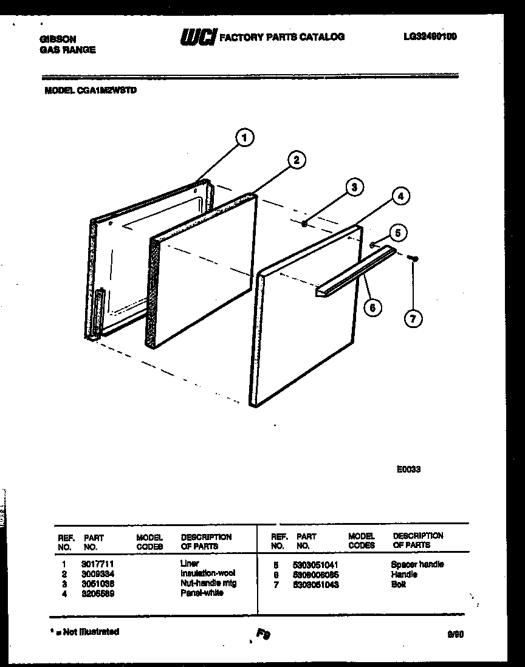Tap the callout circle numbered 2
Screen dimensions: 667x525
coord(296,160)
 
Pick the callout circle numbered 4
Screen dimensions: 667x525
coord(399,196)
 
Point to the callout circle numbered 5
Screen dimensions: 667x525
coord(398,232)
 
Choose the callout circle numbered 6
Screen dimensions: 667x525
coord(372,307)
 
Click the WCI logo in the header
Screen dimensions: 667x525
coord(198,38)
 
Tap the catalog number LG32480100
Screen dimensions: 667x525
coord(430,36)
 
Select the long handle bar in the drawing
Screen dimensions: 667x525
coord(355,272)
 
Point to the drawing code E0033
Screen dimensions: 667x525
coord(408,469)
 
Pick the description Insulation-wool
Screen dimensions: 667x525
coord(208,573)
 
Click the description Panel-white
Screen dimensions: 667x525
coord(202,593)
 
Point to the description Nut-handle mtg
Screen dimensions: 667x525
coord(208,583)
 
